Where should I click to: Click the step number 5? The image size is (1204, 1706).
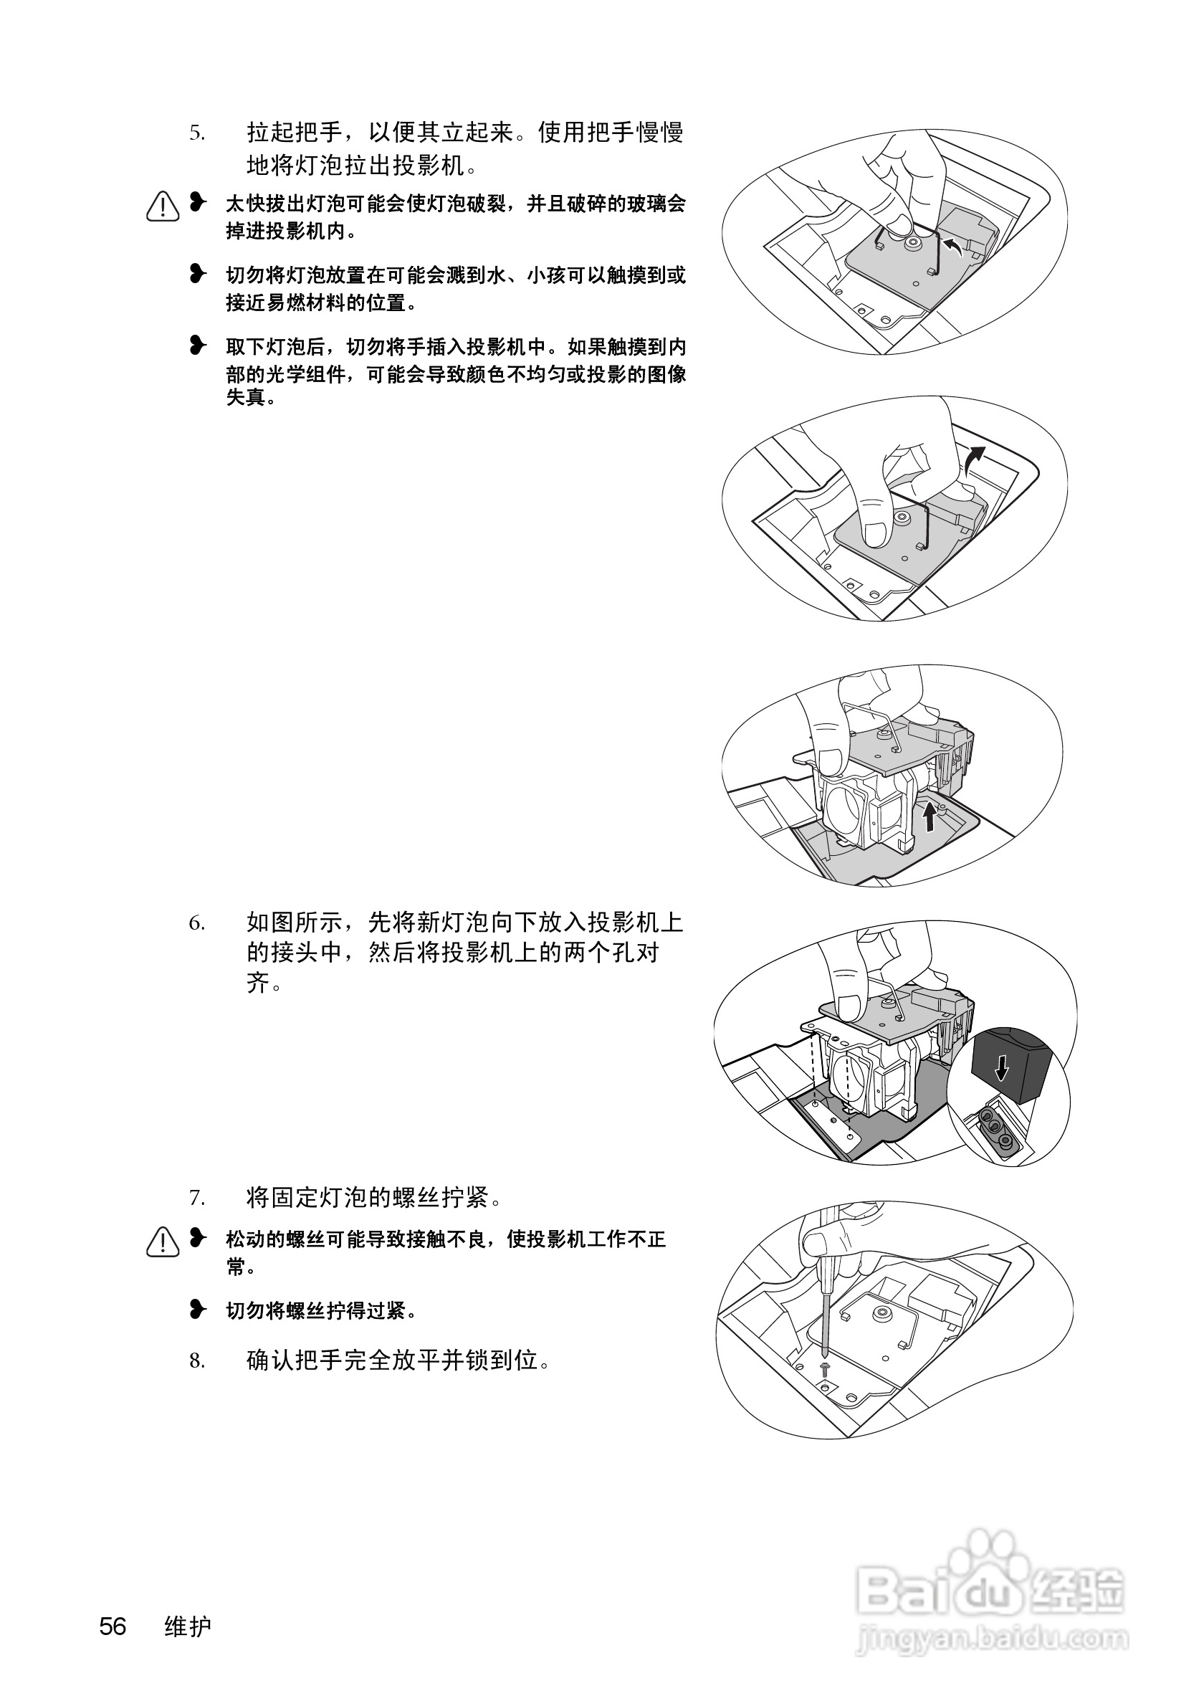(x=196, y=134)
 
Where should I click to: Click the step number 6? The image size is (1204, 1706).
(x=196, y=923)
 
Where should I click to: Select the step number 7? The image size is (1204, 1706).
(x=196, y=1198)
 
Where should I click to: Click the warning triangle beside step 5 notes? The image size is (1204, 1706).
(x=163, y=206)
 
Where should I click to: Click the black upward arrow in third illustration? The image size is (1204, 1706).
(x=928, y=819)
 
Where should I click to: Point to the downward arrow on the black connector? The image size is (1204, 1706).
(x=1002, y=1069)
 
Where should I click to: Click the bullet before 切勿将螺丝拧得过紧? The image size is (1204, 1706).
(x=198, y=1309)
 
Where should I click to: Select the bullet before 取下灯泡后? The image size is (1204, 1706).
(x=198, y=346)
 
